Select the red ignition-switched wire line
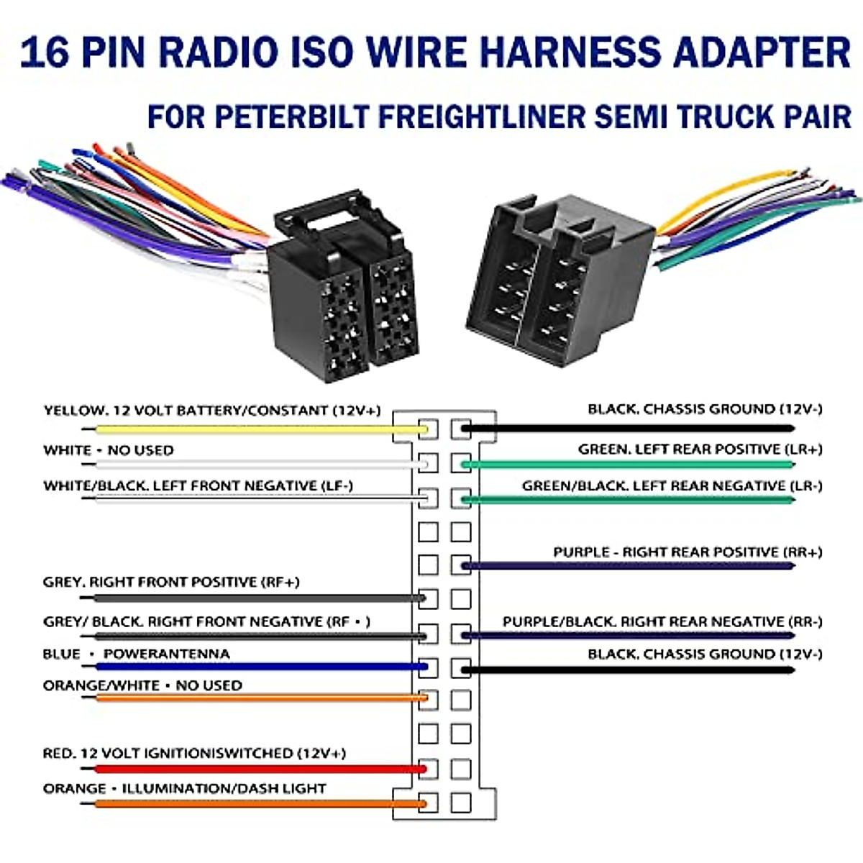(252, 770)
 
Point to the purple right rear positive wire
(626, 566)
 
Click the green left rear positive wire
(626, 464)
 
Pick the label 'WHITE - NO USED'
(108, 450)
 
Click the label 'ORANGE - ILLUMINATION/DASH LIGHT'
(184, 789)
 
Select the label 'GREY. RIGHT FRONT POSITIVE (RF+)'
(171, 582)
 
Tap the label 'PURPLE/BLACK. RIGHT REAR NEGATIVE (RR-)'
(662, 621)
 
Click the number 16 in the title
(45, 52)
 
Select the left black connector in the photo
(338, 295)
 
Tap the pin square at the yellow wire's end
(428, 429)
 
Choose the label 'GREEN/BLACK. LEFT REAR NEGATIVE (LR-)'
(672, 486)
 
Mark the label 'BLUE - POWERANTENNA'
(136, 654)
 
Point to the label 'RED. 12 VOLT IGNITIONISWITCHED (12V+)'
(194, 754)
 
